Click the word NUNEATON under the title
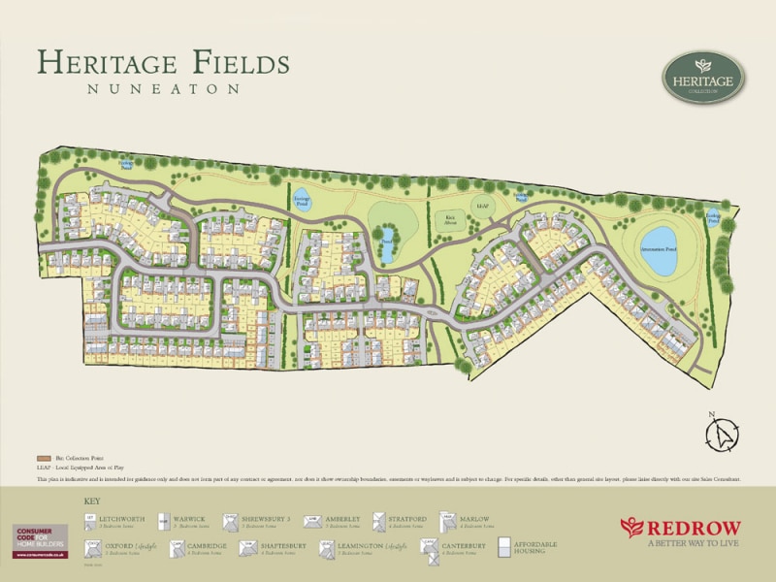pos(163,88)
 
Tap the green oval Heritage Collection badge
pos(702,78)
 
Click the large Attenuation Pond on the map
pos(658,251)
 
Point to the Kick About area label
pos(448,219)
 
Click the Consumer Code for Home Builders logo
pos(40,540)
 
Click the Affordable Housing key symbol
pos(502,548)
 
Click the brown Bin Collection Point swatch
pos(43,456)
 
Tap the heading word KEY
pos(92,501)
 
